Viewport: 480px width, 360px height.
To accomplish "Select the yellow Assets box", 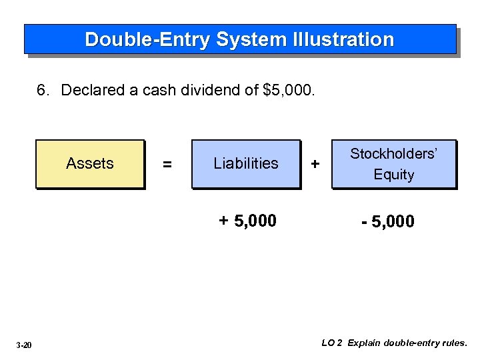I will click(x=90, y=163).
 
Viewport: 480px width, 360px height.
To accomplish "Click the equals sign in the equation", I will click(x=167, y=164).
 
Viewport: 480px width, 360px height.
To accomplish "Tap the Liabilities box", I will click(x=246, y=163).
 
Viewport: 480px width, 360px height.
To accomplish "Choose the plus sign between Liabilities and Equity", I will click(x=315, y=164).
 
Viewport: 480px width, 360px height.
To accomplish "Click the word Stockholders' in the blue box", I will click(x=394, y=154).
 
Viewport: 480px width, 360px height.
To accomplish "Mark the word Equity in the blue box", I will click(x=394, y=175).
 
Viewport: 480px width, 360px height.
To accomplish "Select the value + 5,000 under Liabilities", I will click(x=247, y=221).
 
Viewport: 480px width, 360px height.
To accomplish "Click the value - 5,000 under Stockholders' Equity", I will click(x=387, y=221).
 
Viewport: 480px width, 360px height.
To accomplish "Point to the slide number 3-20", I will click(x=24, y=345).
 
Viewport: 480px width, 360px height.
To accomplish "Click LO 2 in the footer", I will click(x=331, y=343).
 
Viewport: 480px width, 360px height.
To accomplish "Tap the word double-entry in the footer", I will click(x=413, y=343).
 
